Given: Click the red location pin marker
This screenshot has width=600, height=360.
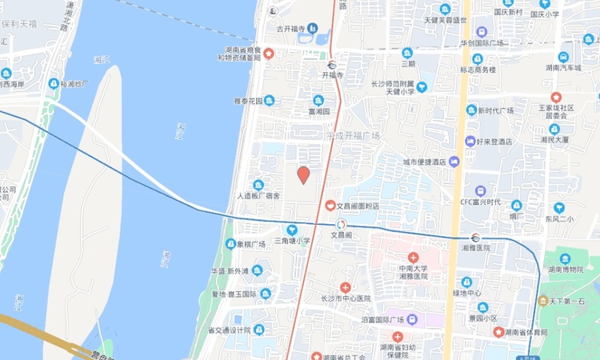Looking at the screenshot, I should (x=303, y=175).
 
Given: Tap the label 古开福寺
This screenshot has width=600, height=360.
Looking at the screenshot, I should (x=292, y=29).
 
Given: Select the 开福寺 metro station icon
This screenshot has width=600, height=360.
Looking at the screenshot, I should (x=331, y=65).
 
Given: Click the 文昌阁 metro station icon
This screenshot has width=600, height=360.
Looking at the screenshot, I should (x=342, y=225).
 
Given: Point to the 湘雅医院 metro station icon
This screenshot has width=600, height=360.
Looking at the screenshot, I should (x=475, y=237).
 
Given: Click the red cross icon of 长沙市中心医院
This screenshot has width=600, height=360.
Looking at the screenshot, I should (x=345, y=287).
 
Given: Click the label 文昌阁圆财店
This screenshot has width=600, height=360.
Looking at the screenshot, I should (x=358, y=206).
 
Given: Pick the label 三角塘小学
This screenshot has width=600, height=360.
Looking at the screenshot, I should (x=292, y=241).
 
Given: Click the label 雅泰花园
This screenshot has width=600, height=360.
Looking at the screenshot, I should (x=248, y=101).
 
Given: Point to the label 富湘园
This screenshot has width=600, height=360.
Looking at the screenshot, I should (x=318, y=111).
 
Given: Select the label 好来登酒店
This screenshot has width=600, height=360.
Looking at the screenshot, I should (x=493, y=142).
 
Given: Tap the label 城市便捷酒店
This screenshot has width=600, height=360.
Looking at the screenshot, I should (x=424, y=162).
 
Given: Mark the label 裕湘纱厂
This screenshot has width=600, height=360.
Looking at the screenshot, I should (x=74, y=83).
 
